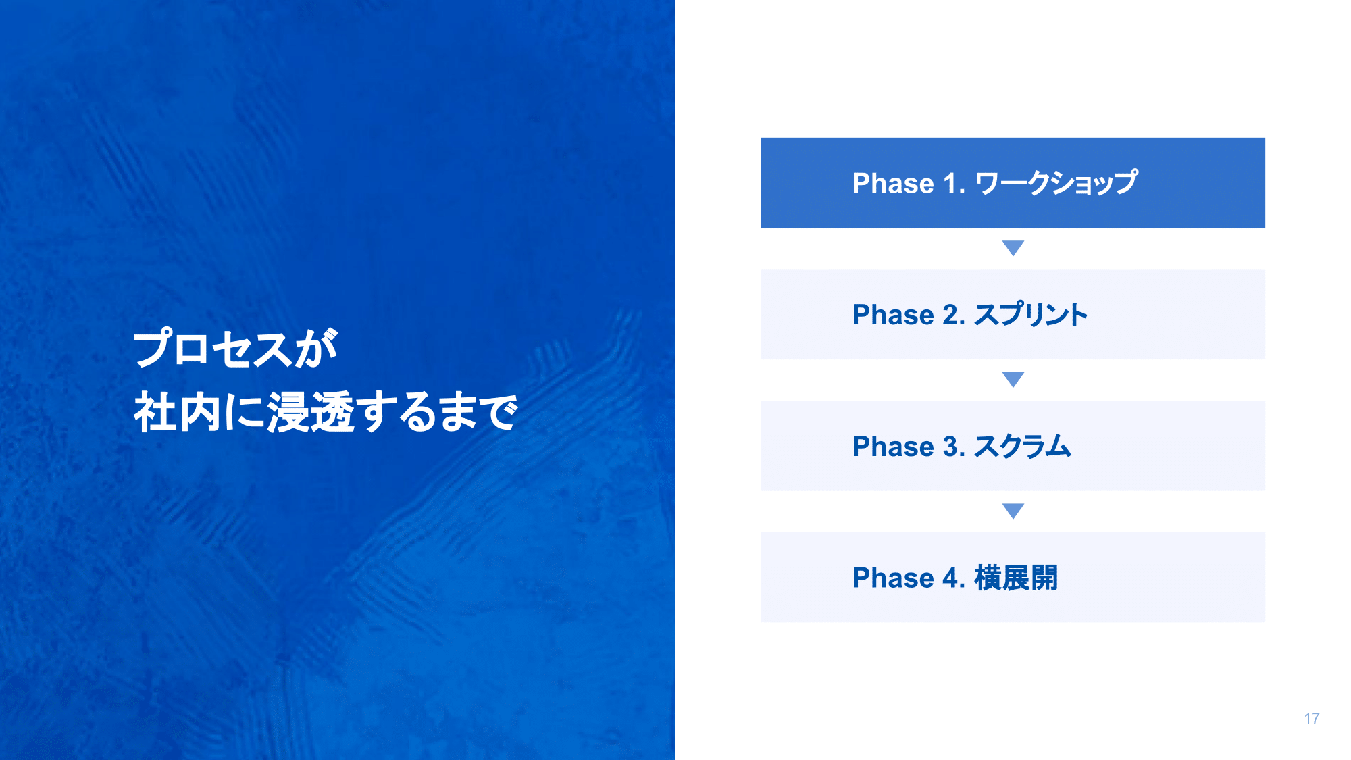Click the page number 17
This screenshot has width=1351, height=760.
pyautogui.click(x=1312, y=718)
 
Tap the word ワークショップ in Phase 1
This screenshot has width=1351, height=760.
pyautogui.click(x=1056, y=182)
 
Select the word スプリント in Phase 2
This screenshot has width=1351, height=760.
pyautogui.click(x=1031, y=314)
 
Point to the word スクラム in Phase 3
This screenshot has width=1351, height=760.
pyautogui.click(x=1023, y=446)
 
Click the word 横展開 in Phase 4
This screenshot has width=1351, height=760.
pyautogui.click(x=1016, y=578)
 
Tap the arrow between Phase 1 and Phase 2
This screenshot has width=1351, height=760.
pyautogui.click(x=1013, y=248)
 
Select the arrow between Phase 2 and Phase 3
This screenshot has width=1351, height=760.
pyautogui.click(x=1013, y=380)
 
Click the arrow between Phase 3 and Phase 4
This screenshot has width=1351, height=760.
pyautogui.click(x=1013, y=511)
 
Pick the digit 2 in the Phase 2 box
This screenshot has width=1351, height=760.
pyautogui.click(x=950, y=315)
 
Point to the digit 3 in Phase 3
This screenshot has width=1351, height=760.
pyautogui.click(x=950, y=447)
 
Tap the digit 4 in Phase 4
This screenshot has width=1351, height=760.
pyautogui.click(x=950, y=578)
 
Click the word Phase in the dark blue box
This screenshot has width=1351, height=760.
pyautogui.click(x=893, y=183)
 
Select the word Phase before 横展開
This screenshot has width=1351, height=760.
pyautogui.click(x=893, y=578)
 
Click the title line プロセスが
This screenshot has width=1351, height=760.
pyautogui.click(x=236, y=348)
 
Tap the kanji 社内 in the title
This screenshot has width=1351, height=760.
pyautogui.click(x=177, y=411)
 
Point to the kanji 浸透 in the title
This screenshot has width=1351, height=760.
pyautogui.click(x=311, y=411)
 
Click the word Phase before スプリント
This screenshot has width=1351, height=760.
pyautogui.click(x=893, y=315)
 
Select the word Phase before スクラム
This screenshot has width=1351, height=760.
pyautogui.click(x=893, y=447)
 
